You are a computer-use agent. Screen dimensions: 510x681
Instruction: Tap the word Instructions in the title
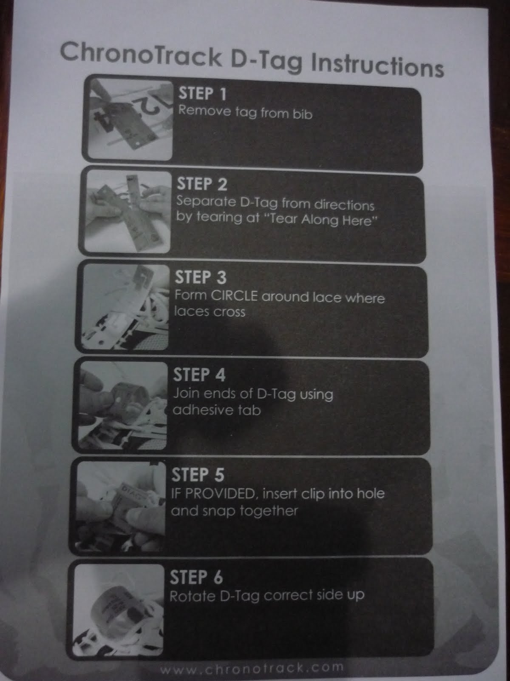pyautogui.click(x=377, y=66)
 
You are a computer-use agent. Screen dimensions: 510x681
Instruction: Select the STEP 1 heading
pyautogui.click(x=203, y=94)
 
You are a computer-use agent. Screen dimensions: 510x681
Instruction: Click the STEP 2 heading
pyautogui.click(x=202, y=184)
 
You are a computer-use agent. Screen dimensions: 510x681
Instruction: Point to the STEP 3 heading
pyautogui.click(x=201, y=277)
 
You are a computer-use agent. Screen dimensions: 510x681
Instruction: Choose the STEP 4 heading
pyautogui.click(x=199, y=375)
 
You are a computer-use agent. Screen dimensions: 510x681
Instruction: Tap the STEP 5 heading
pyautogui.click(x=198, y=475)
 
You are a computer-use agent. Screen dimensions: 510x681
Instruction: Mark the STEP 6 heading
pyautogui.click(x=196, y=577)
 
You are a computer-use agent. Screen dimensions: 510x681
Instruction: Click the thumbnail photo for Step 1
pyautogui.click(x=130, y=120)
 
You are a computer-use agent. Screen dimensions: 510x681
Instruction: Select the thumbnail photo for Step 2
pyautogui.click(x=127, y=212)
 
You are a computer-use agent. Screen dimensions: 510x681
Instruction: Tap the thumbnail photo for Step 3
pyautogui.click(x=125, y=306)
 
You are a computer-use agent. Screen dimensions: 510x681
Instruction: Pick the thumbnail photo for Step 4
pyautogui.click(x=123, y=405)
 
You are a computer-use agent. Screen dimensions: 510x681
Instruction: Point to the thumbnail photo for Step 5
pyautogui.click(x=120, y=506)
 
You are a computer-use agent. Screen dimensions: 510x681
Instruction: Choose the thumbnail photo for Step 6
pyautogui.click(x=118, y=610)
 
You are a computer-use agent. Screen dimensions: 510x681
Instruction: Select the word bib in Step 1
pyautogui.click(x=303, y=114)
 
